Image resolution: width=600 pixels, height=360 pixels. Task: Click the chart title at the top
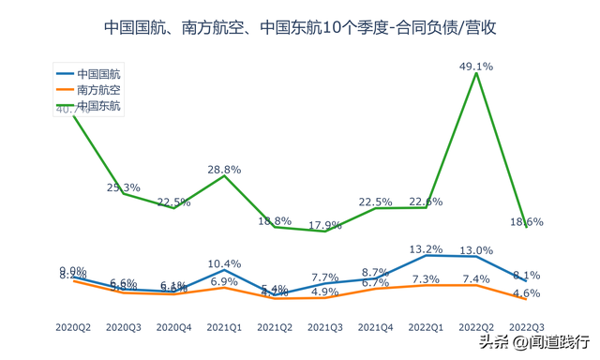(x=299, y=28)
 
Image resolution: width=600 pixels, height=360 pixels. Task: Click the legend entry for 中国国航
(x=97, y=72)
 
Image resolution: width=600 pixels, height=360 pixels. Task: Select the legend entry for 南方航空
(x=97, y=89)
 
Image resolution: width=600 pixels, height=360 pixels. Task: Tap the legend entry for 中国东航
(x=97, y=106)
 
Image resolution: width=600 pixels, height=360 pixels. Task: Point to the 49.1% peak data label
(x=476, y=67)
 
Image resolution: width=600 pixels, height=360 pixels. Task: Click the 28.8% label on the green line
(x=224, y=170)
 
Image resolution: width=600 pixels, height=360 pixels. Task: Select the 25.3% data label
(x=124, y=187)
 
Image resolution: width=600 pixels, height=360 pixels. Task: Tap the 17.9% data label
(x=324, y=225)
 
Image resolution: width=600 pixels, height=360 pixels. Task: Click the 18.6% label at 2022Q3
(x=527, y=222)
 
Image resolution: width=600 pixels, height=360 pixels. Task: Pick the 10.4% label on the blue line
(x=224, y=263)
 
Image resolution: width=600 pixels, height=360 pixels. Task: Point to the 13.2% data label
(x=426, y=248)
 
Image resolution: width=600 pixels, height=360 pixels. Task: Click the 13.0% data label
(x=476, y=250)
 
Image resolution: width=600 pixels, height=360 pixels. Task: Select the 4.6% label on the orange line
(x=527, y=293)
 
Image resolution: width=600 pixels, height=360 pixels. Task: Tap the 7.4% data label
(x=476, y=279)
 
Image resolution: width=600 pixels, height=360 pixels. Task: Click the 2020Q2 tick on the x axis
(x=73, y=327)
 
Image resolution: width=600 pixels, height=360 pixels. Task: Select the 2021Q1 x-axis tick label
(x=224, y=327)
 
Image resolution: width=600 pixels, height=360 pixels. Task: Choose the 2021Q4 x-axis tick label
(x=375, y=327)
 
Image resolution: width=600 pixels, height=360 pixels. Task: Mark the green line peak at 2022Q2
(x=476, y=74)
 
